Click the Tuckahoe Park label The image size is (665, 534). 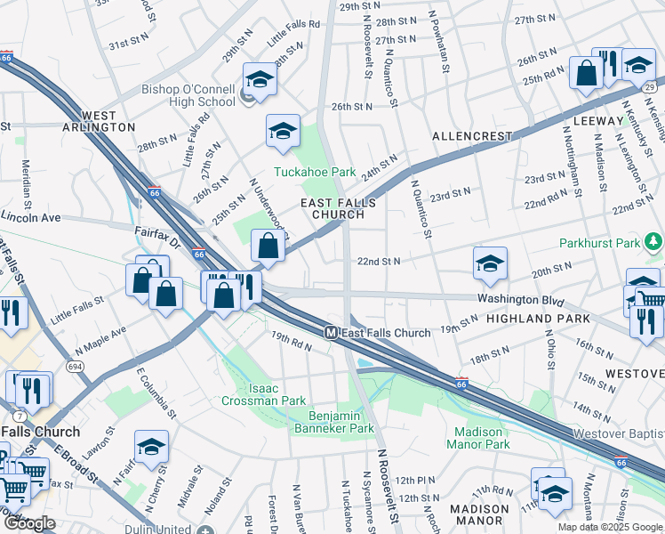tap(314, 172)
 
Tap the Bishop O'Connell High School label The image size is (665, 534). tap(188, 96)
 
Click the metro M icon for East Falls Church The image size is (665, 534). tap(330, 332)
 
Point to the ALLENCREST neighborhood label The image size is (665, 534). tap(472, 136)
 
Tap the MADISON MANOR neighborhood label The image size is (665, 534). tap(479, 515)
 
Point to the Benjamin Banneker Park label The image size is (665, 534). tap(341, 422)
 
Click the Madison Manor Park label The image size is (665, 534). tap(477, 437)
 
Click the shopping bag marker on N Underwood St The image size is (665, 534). tap(268, 247)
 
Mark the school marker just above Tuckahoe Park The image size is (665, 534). tap(282, 131)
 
